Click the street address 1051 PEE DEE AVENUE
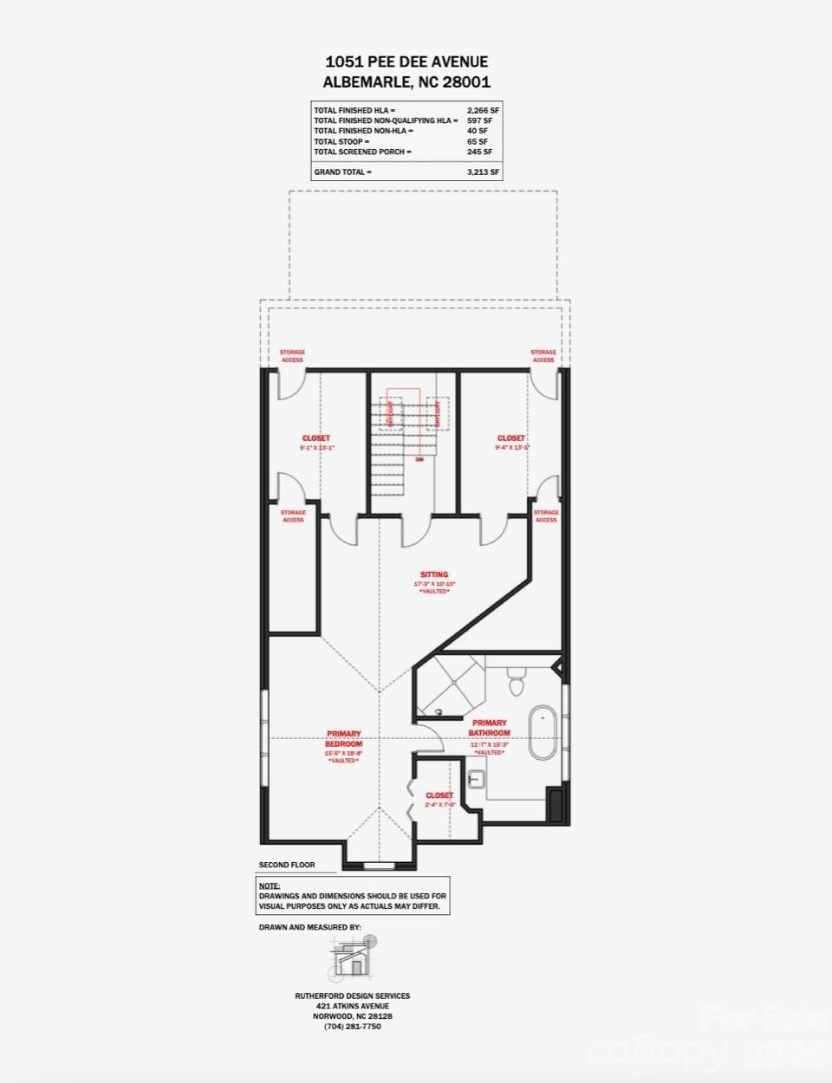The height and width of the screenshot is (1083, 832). (406, 62)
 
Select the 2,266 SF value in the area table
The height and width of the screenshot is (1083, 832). (483, 111)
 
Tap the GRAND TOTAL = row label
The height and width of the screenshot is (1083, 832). (342, 172)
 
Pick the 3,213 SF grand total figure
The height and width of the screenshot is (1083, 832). (483, 172)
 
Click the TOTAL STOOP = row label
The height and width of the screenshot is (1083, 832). (341, 141)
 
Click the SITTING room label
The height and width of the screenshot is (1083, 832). (434, 574)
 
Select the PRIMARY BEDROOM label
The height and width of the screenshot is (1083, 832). (343, 738)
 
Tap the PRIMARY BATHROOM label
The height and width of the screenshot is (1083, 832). (490, 728)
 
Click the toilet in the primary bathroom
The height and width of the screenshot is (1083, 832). (517, 683)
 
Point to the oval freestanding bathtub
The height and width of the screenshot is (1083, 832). (543, 733)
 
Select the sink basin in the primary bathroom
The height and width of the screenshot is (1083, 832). (474, 778)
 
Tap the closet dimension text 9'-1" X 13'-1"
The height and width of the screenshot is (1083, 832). (316, 448)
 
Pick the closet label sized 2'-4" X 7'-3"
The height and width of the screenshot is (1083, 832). (439, 795)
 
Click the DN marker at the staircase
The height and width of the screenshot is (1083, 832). (419, 459)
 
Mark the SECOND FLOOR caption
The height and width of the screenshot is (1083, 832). (287, 865)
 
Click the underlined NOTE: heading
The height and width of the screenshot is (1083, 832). (269, 885)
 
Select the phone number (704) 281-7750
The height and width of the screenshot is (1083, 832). (352, 1027)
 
